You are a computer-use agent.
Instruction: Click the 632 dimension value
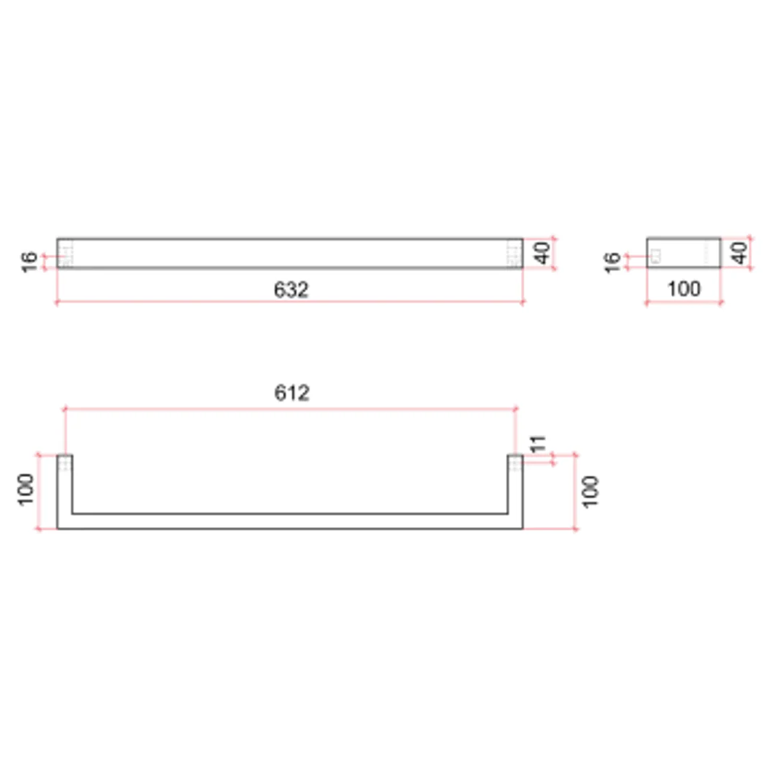click(291, 289)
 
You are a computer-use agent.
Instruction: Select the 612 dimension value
click(291, 393)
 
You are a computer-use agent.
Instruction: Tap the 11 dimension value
click(537, 445)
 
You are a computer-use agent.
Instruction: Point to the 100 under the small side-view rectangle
click(684, 289)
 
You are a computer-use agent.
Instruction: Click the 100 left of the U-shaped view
click(27, 491)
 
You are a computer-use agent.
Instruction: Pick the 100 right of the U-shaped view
click(591, 491)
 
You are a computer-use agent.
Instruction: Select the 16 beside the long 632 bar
click(30, 261)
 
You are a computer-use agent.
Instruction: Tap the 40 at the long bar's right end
click(542, 253)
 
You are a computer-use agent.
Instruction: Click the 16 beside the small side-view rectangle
click(613, 261)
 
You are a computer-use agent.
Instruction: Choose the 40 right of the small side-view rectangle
click(739, 253)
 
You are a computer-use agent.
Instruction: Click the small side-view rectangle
click(684, 252)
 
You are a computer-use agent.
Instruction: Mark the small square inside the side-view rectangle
click(656, 254)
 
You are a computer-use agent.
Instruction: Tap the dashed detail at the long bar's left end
click(66, 255)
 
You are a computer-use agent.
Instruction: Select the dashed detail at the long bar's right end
click(514, 255)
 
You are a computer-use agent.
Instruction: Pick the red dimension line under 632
click(290, 302)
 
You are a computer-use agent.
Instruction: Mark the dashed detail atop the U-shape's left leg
click(65, 463)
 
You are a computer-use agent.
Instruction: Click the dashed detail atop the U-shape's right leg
click(515, 463)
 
